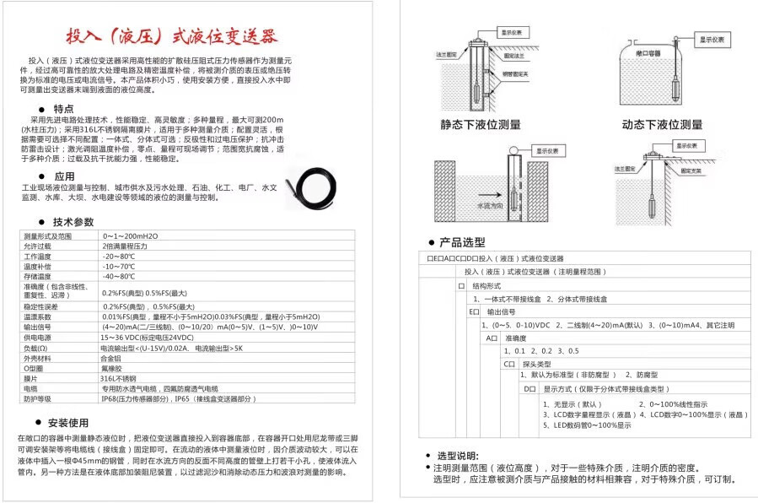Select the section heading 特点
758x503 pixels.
[x=63, y=109]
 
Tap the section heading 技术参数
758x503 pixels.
[x=73, y=222]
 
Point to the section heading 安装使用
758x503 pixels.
[x=68, y=422]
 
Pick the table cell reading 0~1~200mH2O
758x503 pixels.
[x=130, y=236]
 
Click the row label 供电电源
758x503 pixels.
[x=38, y=337]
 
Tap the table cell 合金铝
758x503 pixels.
[x=112, y=358]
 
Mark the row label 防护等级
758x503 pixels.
[x=38, y=398]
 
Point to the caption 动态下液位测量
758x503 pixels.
[x=663, y=124]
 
